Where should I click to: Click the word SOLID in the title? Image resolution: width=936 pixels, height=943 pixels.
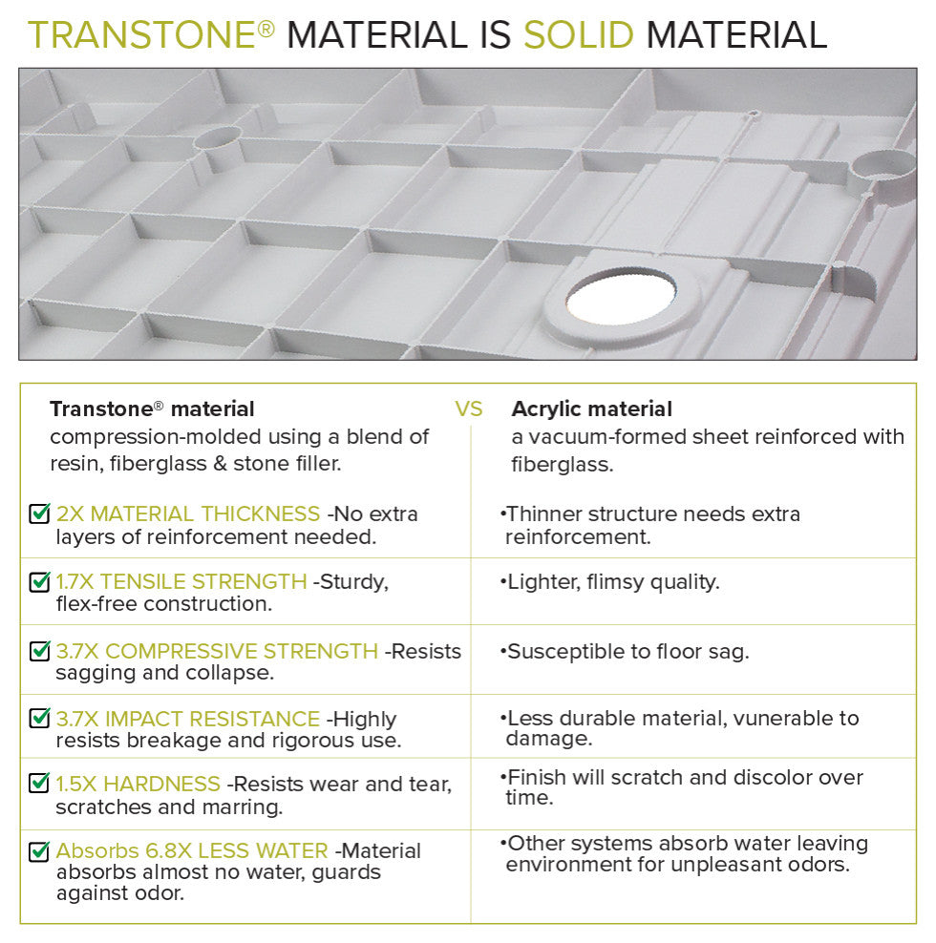[578, 34]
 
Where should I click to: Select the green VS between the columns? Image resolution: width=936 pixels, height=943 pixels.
[469, 409]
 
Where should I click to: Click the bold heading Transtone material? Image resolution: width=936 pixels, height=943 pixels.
[152, 409]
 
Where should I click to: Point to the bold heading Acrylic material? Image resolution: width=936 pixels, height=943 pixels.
[591, 409]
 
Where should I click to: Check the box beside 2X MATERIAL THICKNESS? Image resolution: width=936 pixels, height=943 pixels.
[40, 514]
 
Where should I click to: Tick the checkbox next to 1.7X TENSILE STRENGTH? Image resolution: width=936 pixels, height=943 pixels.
[40, 582]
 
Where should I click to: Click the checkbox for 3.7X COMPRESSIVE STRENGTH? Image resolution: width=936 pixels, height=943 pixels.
[40, 652]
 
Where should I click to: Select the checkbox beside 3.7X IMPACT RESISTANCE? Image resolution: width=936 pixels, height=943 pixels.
[40, 719]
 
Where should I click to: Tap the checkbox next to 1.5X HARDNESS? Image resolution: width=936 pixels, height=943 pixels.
[40, 785]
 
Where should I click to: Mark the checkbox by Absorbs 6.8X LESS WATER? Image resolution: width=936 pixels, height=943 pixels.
[40, 851]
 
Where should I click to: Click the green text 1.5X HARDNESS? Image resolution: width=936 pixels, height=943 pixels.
[138, 785]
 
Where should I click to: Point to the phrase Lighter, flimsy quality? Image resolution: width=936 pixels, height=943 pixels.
[613, 581]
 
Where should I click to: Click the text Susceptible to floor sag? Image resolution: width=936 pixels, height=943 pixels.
[628, 652]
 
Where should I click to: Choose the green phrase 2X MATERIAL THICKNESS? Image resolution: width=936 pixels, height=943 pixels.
[188, 514]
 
